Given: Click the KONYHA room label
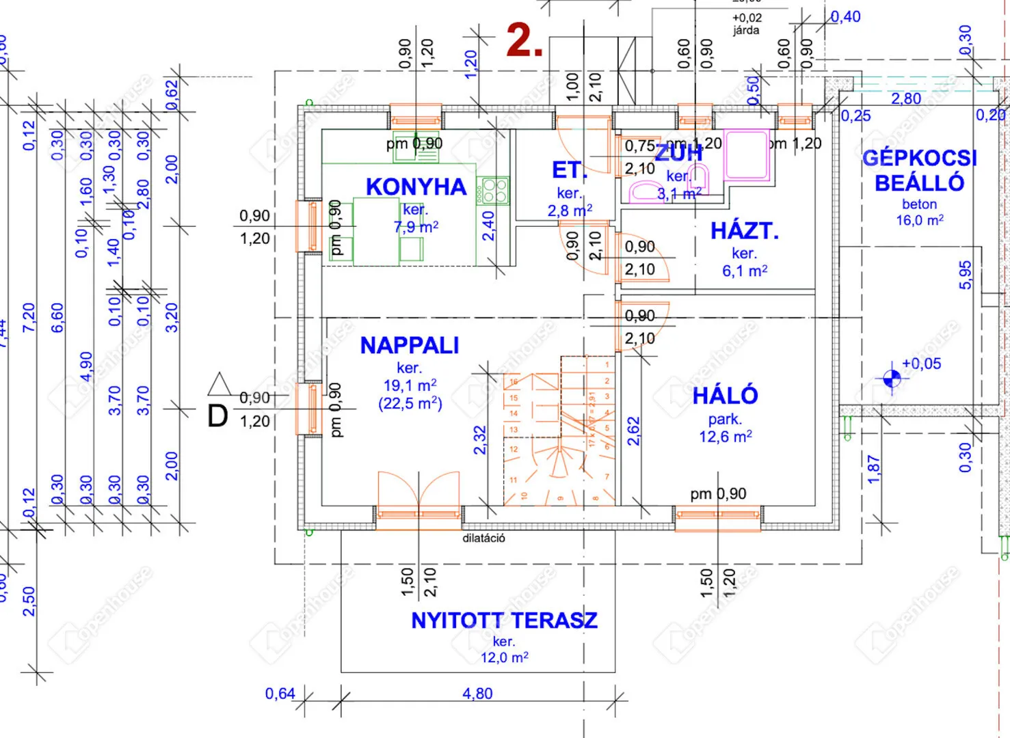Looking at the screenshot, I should point(416,187).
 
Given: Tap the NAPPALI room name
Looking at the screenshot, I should point(410,346).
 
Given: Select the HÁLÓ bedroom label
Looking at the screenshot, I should point(725,396).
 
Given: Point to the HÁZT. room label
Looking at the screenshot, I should point(745,231).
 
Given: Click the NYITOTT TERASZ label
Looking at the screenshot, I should point(504,620).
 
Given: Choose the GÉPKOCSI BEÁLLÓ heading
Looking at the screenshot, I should point(920,170).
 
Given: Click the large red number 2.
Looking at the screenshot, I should point(524,41).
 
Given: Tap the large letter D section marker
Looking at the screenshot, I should point(217,416).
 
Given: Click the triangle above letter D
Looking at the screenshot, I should point(220,384).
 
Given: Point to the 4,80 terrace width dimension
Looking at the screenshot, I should point(477,694).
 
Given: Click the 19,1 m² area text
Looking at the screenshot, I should point(410,385).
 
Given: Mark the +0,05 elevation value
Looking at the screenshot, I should point(921,364).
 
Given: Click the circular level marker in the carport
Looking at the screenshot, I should point(892,378).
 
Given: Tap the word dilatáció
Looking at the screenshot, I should point(483,538).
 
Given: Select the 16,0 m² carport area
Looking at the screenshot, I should point(920,220).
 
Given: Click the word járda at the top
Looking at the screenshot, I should point(746,30).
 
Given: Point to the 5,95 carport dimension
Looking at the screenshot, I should point(965,275).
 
